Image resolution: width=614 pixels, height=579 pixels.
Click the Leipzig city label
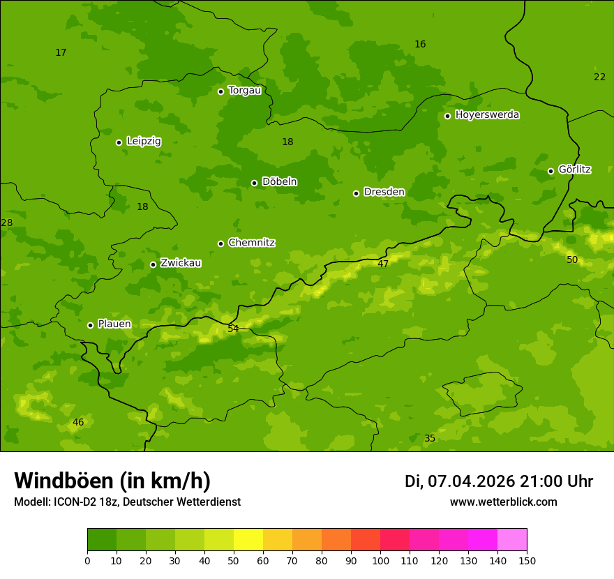(144, 141)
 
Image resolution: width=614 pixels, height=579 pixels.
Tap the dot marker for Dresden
(356, 193)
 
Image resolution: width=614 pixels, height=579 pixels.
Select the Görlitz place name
(574, 170)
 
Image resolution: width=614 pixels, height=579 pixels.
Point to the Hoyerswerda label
(487, 115)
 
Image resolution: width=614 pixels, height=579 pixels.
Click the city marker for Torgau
(220, 91)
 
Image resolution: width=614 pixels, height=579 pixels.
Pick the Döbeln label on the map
(279, 182)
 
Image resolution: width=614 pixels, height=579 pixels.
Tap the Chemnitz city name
(251, 243)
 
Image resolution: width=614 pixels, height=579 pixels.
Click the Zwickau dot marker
(153, 264)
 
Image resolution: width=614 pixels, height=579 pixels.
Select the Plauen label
(114, 324)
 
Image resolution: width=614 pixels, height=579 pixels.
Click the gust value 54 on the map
(233, 329)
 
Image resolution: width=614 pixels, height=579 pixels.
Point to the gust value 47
(383, 264)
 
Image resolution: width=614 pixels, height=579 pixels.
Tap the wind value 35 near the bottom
(430, 438)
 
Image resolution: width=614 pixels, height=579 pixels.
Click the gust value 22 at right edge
(599, 77)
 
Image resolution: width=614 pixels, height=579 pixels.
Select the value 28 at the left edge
(7, 223)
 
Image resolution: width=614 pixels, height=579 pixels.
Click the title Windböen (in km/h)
(112, 481)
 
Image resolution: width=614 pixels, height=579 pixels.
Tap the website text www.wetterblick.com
(503, 502)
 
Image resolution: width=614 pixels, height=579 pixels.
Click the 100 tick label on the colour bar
(380, 560)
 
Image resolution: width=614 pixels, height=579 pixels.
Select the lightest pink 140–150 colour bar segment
(512, 540)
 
